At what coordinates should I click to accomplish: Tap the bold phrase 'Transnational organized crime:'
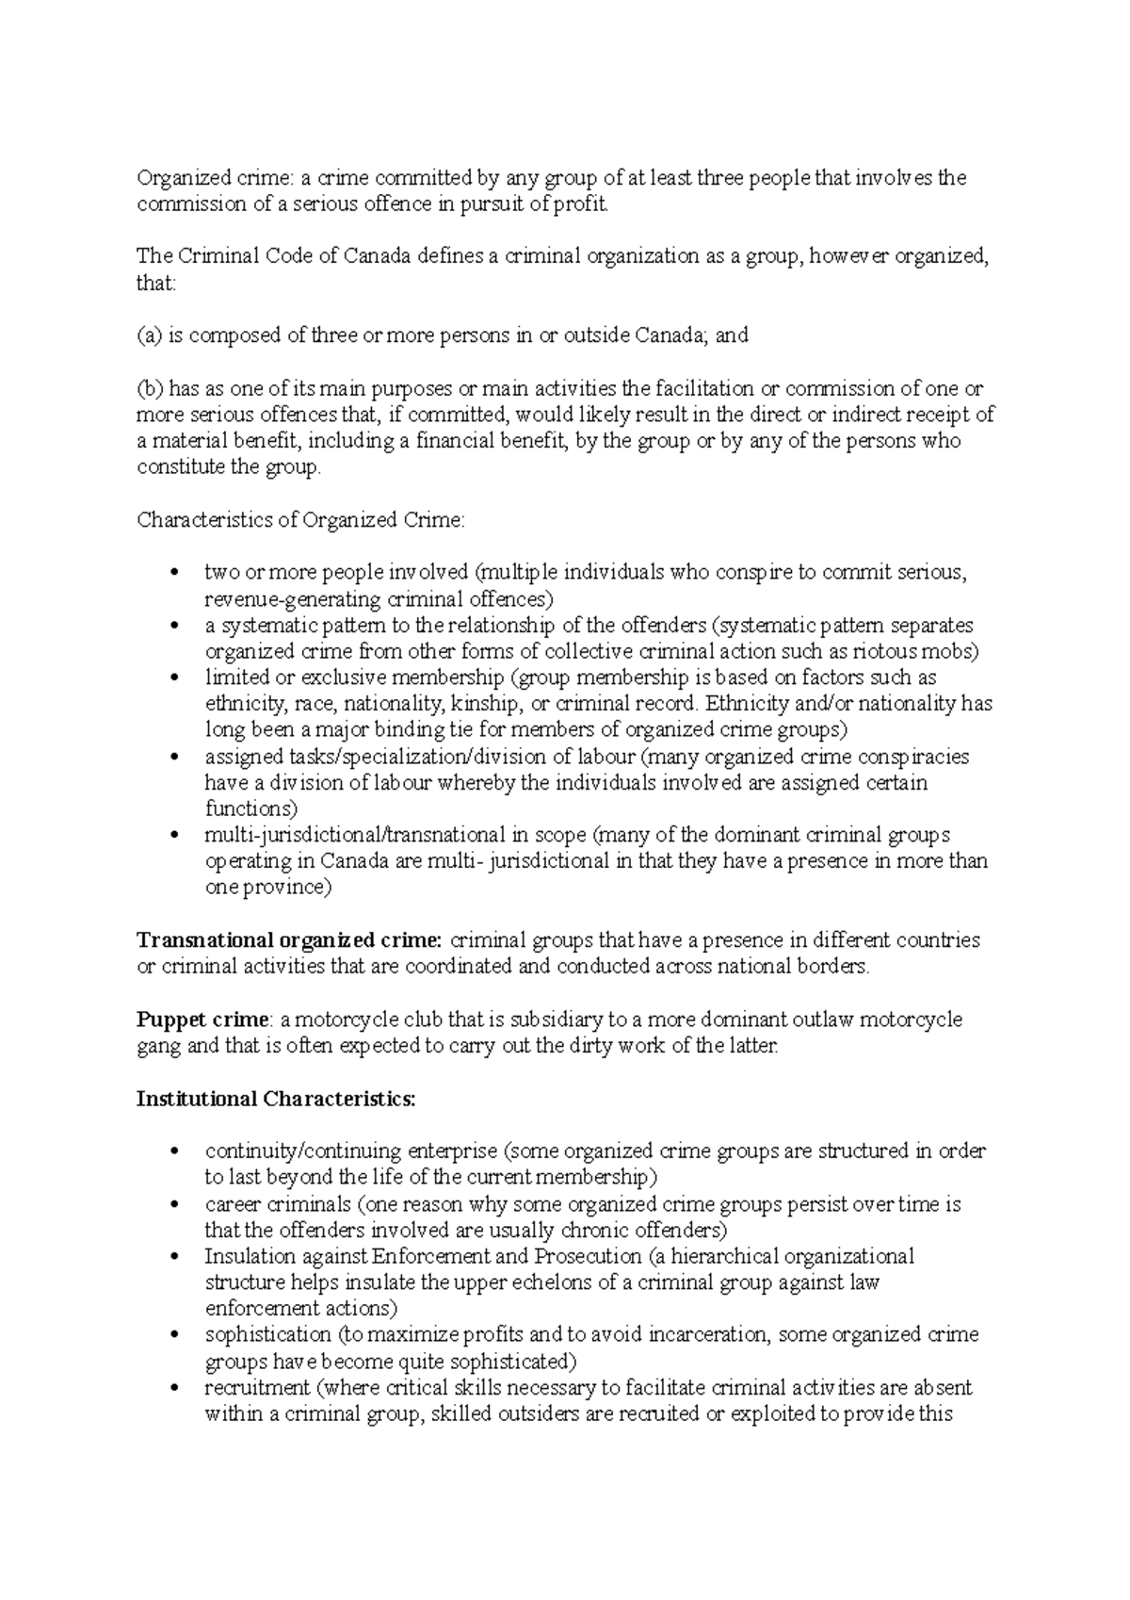289,940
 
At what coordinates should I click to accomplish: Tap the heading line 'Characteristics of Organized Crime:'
300,520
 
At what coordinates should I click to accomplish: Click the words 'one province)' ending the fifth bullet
268,888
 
